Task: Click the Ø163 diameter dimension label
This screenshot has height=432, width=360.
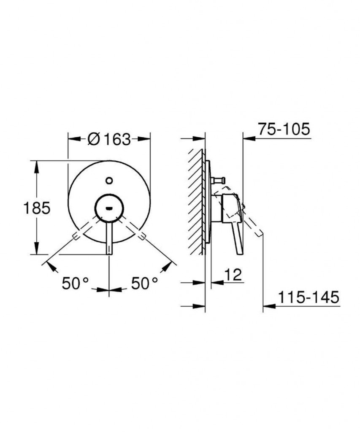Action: pos(109,139)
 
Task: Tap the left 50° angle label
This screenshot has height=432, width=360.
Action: pos(75,283)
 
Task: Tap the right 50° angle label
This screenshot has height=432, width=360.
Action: pos(144,283)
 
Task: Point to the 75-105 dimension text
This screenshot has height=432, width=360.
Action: pos(284,129)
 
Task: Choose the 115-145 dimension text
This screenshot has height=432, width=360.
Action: pos(308,297)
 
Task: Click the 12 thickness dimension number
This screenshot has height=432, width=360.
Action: pos(233,274)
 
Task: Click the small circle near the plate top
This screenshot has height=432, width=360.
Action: pos(109,181)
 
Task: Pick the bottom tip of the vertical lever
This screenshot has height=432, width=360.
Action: pos(109,254)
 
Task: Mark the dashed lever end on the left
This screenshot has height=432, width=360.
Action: pos(75,236)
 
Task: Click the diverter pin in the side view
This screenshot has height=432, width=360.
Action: pos(218,181)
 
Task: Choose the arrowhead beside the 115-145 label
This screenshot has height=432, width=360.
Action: pos(269,305)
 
